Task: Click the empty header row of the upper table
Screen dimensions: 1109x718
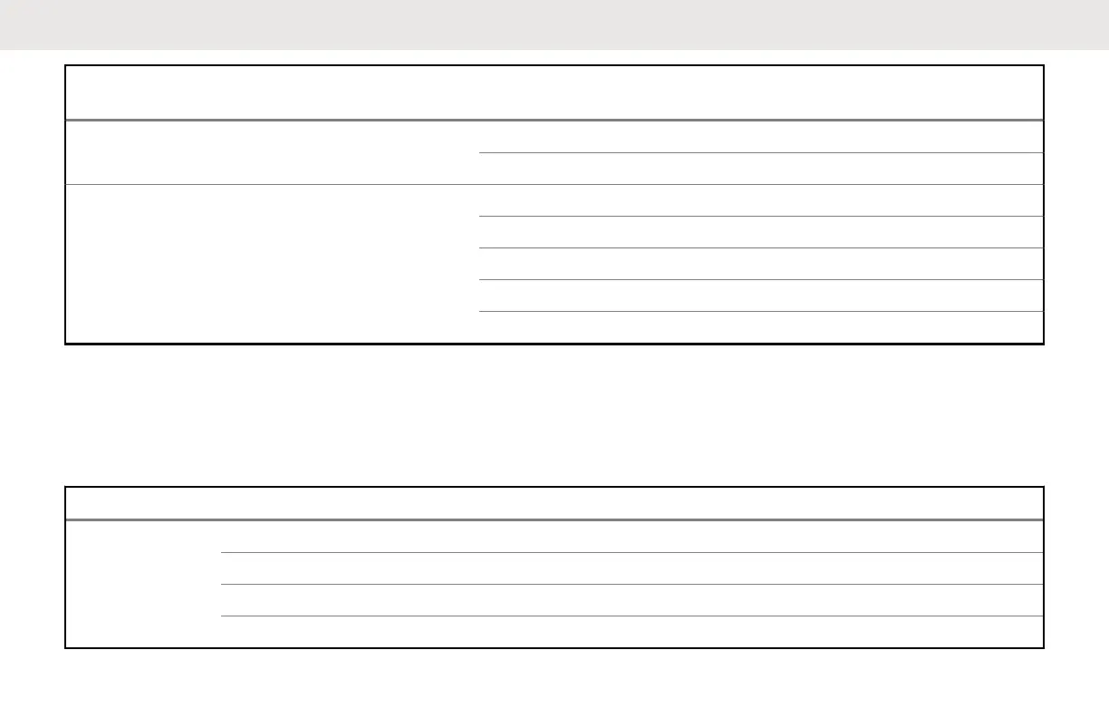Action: [554, 92]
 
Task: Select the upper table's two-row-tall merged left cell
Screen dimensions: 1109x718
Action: [272, 152]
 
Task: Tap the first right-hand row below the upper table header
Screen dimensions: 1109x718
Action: [760, 137]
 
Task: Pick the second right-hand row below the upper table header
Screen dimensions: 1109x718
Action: [760, 169]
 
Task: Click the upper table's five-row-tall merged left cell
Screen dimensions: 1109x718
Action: [272, 264]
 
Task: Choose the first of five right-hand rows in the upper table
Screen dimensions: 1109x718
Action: [760, 200]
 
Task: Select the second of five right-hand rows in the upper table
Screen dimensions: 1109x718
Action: [760, 232]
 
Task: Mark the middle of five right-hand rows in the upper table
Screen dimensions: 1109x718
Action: [760, 264]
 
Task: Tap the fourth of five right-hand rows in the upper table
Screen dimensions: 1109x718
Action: [760, 296]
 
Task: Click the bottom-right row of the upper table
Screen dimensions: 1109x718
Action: [760, 327]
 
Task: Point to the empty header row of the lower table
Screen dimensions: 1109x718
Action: [554, 503]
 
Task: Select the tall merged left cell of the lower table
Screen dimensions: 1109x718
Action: [143, 583]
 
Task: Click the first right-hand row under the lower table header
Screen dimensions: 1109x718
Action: [632, 536]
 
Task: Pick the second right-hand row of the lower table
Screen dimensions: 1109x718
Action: [632, 568]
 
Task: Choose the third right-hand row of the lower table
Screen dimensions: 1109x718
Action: [632, 600]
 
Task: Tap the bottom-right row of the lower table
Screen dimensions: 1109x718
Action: [632, 632]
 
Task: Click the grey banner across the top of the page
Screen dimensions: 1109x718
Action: [554, 24]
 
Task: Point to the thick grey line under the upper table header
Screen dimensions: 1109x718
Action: [554, 120]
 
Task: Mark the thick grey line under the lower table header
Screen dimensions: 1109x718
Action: [554, 519]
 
